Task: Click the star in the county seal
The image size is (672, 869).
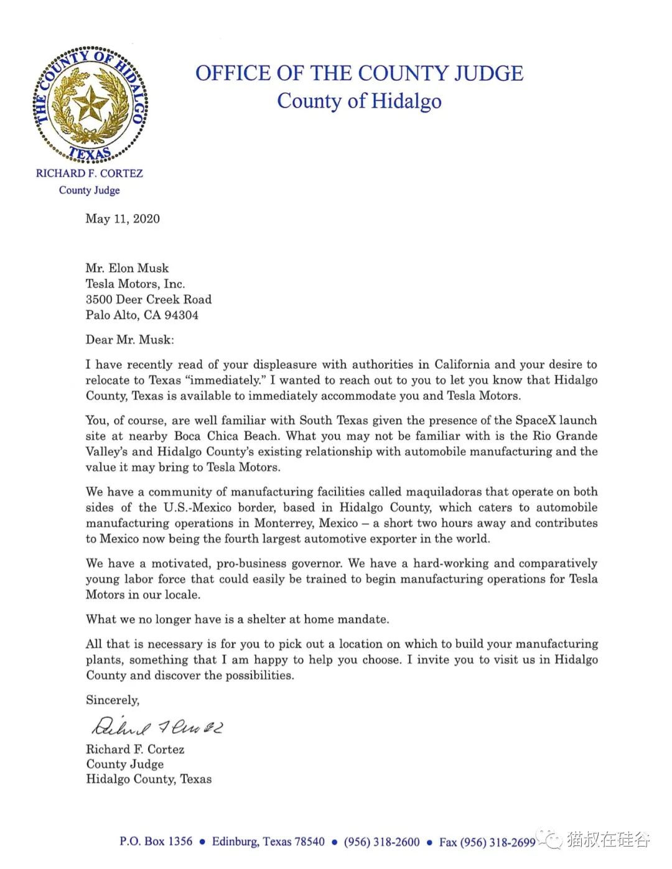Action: (x=91, y=105)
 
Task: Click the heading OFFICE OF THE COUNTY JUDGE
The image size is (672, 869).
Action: (x=359, y=73)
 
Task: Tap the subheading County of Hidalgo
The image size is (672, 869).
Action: (x=359, y=101)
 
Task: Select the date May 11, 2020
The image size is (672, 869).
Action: (x=123, y=218)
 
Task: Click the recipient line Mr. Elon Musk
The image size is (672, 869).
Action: (x=127, y=268)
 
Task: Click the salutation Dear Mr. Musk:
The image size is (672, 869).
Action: (x=130, y=340)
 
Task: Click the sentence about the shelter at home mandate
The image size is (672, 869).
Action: (x=237, y=619)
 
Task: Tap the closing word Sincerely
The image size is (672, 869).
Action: (x=113, y=700)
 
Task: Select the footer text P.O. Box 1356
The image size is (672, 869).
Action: (x=156, y=842)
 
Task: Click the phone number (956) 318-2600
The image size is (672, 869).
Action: (x=381, y=842)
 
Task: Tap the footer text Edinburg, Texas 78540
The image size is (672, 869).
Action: (x=268, y=842)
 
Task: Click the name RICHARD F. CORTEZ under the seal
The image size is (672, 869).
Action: (x=90, y=174)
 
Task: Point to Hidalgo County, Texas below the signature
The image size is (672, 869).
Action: (x=149, y=779)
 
